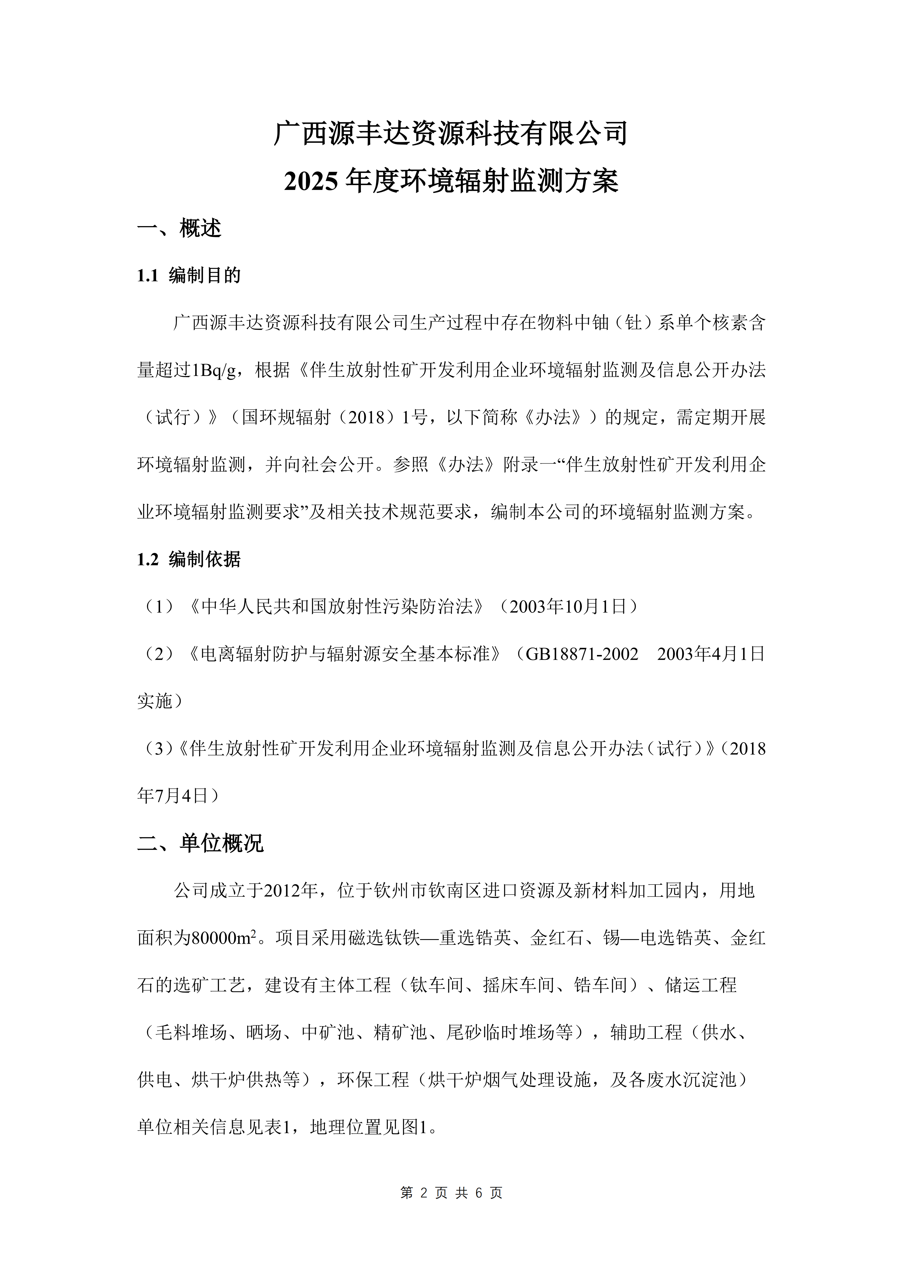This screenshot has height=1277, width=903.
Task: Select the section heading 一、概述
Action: coord(179,228)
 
